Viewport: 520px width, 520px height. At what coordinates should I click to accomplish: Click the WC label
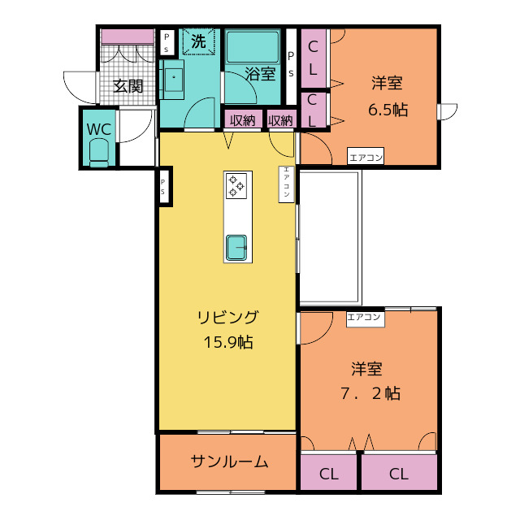point(98,129)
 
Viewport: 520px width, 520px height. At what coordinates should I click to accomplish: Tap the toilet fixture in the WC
point(99,153)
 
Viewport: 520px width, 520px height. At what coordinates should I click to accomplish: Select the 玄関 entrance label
point(128,86)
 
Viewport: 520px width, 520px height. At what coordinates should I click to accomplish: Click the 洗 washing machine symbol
point(198,41)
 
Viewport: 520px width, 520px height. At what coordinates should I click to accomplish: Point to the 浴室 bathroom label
point(261,74)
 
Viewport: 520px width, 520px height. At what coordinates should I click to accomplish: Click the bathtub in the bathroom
point(253,47)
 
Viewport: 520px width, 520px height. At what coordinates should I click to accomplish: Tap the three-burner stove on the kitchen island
point(236,186)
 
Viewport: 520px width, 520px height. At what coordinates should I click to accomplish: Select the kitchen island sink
point(236,247)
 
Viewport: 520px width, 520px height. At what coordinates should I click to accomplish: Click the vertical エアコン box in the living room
point(287,184)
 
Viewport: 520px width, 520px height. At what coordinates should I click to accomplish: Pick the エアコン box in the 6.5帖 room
point(366,156)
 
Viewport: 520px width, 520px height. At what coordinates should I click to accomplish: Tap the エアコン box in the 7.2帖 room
point(366,319)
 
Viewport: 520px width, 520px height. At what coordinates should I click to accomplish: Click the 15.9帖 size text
point(228,342)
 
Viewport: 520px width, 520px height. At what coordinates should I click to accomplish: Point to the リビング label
point(227,317)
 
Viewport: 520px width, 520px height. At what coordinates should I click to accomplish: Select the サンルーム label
point(229,461)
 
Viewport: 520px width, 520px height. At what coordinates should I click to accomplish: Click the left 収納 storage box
point(242,120)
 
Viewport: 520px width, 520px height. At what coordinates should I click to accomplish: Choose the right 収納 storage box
point(281,120)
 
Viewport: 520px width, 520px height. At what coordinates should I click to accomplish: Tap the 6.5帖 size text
point(388,110)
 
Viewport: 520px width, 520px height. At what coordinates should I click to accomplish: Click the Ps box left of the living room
point(163,187)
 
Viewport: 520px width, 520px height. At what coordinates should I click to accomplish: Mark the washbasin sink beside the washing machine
point(173,80)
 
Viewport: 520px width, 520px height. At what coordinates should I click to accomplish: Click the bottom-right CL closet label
point(399,474)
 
